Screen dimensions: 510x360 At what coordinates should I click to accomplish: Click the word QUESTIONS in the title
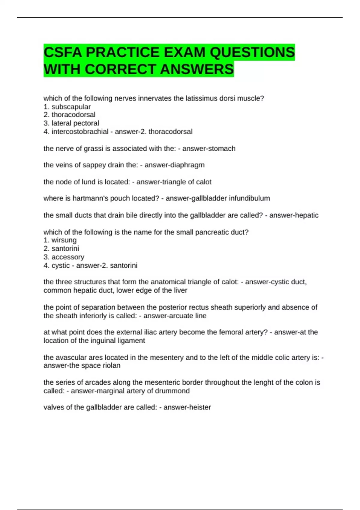(252, 52)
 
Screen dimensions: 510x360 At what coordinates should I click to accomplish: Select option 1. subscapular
(67, 107)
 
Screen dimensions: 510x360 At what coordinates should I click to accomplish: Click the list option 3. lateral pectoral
(71, 123)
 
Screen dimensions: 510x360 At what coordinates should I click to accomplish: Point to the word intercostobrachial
(80, 132)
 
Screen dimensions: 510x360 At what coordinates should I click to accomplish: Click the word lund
(89, 182)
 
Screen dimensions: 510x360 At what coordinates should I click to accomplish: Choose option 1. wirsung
(60, 240)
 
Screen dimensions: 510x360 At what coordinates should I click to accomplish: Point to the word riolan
(111, 366)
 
